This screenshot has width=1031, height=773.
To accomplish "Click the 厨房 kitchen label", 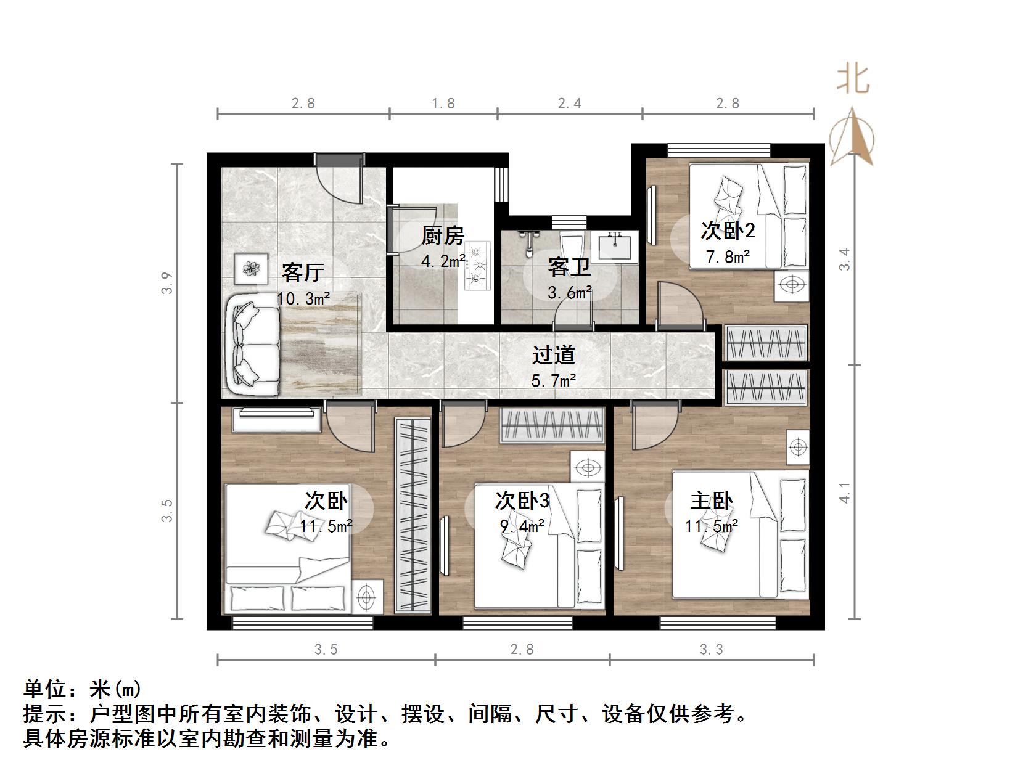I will click(442, 236).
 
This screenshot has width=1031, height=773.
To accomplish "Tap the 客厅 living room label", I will click(302, 272).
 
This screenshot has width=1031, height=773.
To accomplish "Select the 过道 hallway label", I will click(553, 355).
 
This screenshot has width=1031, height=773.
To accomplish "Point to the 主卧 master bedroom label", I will click(711, 501).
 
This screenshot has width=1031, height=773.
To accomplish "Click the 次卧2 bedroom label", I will click(728, 231).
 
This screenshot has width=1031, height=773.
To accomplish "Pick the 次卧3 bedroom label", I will click(522, 501).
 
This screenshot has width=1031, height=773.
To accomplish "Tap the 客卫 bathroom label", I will click(569, 268).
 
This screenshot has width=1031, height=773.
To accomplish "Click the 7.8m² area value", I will click(728, 256).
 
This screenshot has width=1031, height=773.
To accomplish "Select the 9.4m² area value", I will click(522, 526).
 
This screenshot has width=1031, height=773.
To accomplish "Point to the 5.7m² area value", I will click(553, 381).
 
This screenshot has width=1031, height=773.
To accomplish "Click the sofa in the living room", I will click(253, 345).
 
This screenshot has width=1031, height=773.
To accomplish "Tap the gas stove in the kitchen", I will click(478, 266).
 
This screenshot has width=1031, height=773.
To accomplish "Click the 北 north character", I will click(853, 79).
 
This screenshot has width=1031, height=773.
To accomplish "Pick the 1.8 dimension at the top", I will click(443, 104).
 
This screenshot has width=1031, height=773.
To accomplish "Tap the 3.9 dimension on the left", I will click(167, 283).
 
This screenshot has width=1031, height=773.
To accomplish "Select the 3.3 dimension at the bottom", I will click(711, 649).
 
